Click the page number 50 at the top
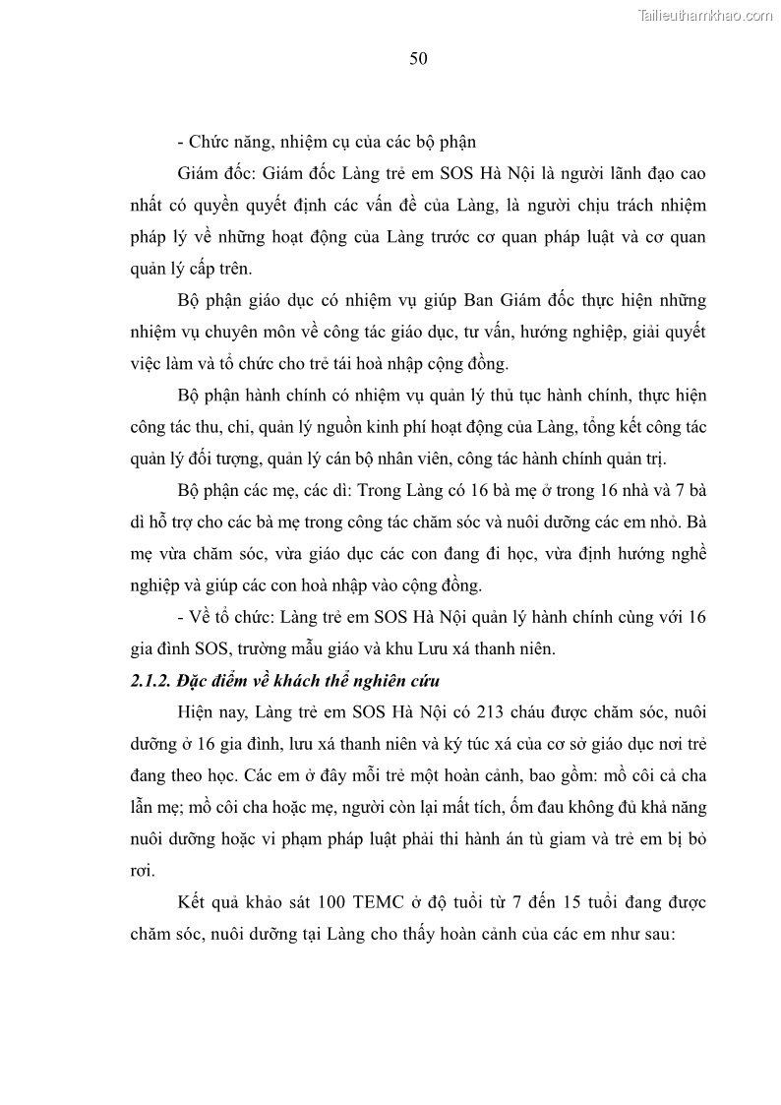418,59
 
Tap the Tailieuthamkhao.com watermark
705,15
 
